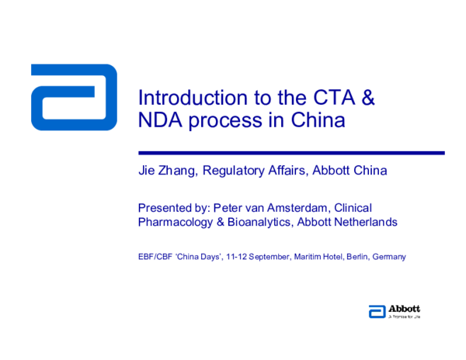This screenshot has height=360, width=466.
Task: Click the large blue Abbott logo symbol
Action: tap(74, 97)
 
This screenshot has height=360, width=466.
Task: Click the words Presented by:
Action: tap(174, 208)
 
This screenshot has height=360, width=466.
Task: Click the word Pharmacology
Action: tap(174, 222)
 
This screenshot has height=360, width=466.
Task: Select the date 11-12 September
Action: tap(256, 256)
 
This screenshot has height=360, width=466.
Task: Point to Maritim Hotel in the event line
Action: tap(318, 256)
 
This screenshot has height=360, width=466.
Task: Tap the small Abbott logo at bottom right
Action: tap(394, 312)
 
